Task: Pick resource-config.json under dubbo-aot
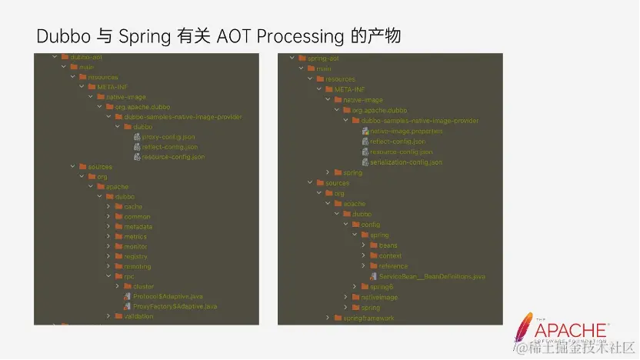(173, 157)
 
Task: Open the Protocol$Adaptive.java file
(167, 296)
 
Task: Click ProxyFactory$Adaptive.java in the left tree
(174, 306)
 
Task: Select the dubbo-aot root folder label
(86, 57)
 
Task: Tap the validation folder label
(138, 316)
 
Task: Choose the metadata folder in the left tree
(138, 227)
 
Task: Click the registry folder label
(135, 256)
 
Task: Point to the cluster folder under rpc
(144, 286)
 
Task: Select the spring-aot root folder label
(323, 58)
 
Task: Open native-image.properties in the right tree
(407, 131)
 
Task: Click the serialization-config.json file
(406, 162)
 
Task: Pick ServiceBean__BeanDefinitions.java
(432, 276)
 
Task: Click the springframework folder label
(368, 318)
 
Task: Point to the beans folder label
(388, 245)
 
